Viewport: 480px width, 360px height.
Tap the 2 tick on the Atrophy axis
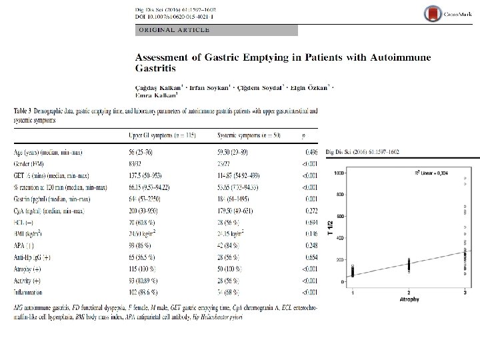[x=408, y=293]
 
